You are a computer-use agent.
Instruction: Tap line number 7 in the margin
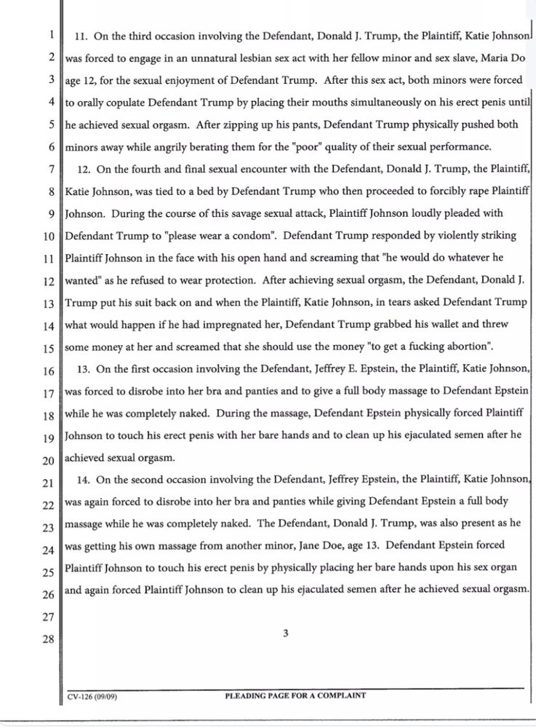point(51,170)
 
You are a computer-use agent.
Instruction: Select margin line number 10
point(49,237)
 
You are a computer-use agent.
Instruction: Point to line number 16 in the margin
point(49,371)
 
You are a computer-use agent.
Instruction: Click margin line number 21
point(49,483)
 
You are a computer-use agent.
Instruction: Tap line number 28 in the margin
point(49,640)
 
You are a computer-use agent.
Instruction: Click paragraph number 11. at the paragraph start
point(82,35)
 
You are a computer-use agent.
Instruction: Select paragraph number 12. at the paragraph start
point(83,170)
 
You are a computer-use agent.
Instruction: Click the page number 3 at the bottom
point(286,633)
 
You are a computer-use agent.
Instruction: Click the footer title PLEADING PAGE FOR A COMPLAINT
point(296,696)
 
